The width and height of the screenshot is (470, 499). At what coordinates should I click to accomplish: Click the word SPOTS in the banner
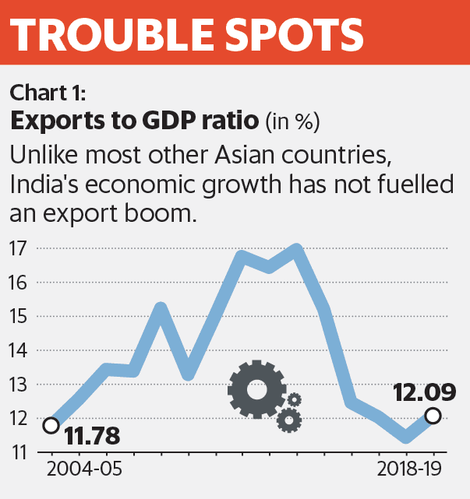[x=293, y=36]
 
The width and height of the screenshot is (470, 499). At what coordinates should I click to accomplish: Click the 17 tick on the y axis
[x=19, y=249]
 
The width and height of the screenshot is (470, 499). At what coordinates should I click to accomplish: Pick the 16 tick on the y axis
[x=19, y=283]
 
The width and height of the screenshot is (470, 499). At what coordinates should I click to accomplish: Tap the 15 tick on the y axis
[x=19, y=317]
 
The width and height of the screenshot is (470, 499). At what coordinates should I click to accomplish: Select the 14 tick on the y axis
[x=19, y=351]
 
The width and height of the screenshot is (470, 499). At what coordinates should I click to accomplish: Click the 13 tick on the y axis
[x=19, y=385]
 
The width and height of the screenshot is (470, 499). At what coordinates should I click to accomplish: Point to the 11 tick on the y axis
[x=19, y=452]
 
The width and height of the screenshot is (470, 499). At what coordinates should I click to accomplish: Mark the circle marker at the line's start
[x=51, y=425]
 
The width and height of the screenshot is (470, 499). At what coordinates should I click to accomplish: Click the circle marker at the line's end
[x=433, y=416]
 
